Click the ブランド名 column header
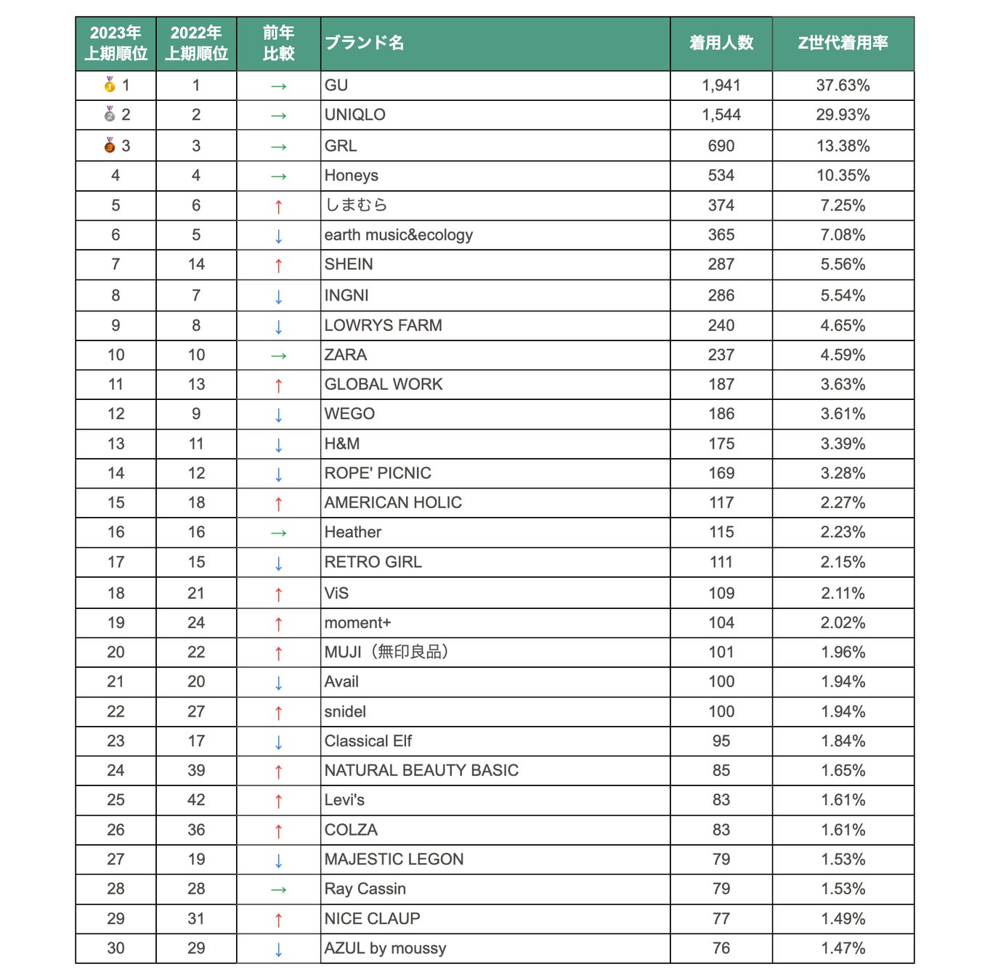[364, 43]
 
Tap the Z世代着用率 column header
[843, 43]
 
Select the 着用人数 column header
[721, 43]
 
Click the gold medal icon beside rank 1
[110, 85]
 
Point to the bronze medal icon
[110, 145]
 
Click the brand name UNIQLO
[354, 115]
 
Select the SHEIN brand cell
[349, 264]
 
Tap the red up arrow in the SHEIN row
[278, 266]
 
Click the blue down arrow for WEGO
[278, 415]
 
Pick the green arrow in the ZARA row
[278, 356]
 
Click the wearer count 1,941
[721, 85]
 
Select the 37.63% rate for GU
[843, 85]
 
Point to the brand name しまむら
[355, 205]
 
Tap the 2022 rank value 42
[196, 800]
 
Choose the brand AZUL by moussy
[385, 948]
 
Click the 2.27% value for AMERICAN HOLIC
[843, 502]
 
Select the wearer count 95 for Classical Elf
[721, 741]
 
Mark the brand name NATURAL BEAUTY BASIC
[421, 770]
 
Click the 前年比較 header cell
[278, 43]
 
